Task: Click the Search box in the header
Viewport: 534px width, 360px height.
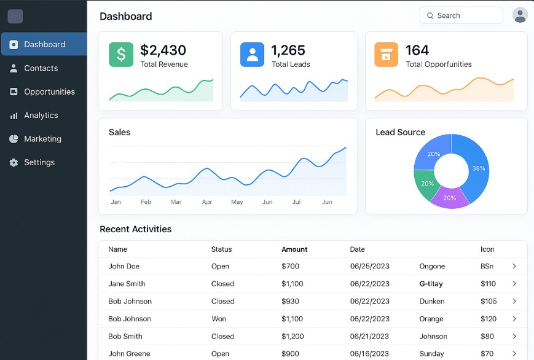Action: [x=461, y=15]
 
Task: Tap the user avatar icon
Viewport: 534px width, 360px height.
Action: [x=520, y=15]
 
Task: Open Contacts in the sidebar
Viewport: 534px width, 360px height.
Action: [x=41, y=68]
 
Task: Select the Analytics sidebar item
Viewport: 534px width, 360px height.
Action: [x=41, y=115]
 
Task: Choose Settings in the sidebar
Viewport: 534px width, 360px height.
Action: [x=39, y=162]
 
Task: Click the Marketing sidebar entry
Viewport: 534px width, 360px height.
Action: [x=42, y=139]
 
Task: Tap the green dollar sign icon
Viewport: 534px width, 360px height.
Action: [x=121, y=55]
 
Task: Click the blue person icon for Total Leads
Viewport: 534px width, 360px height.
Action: [x=252, y=55]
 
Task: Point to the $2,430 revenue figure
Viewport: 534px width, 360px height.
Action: [x=163, y=50]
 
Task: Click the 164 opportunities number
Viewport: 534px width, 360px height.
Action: [x=417, y=50]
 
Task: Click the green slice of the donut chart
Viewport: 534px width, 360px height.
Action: [x=426, y=184]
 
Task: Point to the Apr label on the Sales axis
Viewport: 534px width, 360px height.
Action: [x=207, y=202]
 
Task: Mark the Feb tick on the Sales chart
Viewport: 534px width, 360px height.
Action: [x=146, y=202]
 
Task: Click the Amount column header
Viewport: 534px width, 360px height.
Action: [x=294, y=249]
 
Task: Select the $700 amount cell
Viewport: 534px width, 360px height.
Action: [x=290, y=267]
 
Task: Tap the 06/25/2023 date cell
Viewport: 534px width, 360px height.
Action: [x=369, y=267]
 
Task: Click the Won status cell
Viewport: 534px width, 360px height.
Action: [x=219, y=319]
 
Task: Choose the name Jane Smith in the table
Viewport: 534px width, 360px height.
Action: [x=127, y=284]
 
